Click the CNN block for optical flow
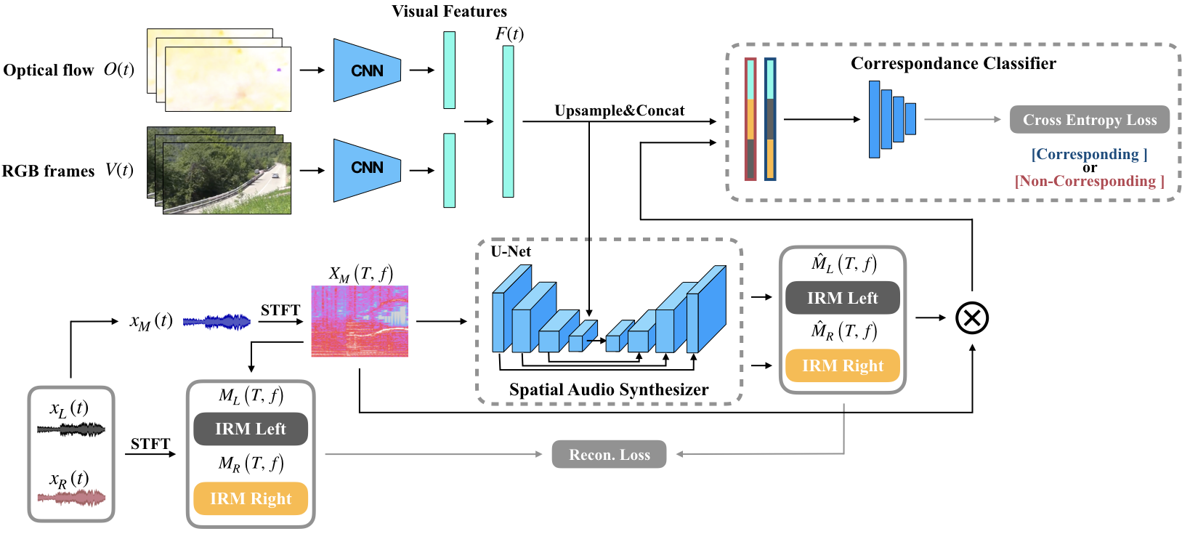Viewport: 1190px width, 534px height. point(367,70)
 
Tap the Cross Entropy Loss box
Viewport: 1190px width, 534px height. point(1089,120)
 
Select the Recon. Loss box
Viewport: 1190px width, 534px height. point(609,455)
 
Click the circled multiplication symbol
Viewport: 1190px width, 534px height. point(971,317)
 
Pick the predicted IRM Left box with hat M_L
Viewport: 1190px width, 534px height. point(842,298)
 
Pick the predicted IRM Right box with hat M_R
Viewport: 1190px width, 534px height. point(842,365)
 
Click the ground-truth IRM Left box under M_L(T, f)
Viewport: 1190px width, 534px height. point(250,429)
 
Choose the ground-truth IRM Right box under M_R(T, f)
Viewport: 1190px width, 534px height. point(250,498)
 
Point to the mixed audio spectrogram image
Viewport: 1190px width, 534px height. point(360,321)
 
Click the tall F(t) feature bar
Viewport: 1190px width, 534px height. point(508,121)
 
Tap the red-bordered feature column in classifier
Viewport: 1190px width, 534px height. point(750,119)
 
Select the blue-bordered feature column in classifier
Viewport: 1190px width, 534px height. point(770,119)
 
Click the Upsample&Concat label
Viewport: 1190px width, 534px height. point(619,110)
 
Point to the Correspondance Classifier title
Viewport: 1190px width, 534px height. point(953,63)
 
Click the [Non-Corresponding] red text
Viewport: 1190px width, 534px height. point(1089,181)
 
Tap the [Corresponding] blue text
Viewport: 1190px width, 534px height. point(1089,154)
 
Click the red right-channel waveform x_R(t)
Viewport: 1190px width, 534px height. point(71,498)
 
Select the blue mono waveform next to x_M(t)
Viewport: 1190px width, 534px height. point(216,322)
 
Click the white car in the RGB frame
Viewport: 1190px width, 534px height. point(274,175)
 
